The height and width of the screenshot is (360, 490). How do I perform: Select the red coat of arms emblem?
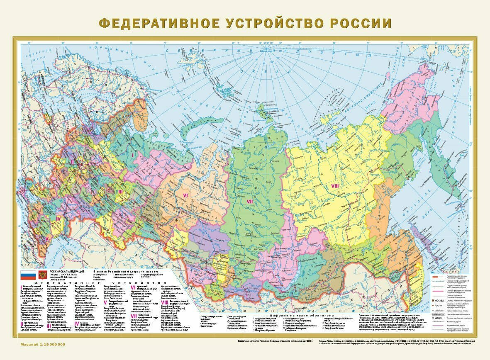click(42, 275)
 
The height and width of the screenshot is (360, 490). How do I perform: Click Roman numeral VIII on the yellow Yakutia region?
click(335, 186)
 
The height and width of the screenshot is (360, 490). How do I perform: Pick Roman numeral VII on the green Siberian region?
click(250, 202)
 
